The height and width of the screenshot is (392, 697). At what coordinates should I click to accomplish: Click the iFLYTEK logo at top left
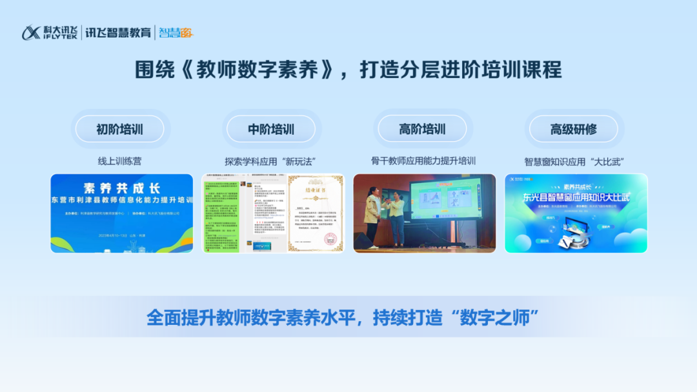[x=49, y=32]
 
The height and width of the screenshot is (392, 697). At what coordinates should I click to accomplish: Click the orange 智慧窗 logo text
[x=176, y=32]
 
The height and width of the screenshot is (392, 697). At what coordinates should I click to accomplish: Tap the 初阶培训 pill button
[x=119, y=129]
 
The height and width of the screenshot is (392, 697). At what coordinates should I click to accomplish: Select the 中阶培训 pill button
[x=271, y=129]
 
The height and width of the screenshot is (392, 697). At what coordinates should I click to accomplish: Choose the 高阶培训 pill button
[x=422, y=129]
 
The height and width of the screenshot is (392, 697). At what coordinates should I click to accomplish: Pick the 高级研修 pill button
[x=573, y=129]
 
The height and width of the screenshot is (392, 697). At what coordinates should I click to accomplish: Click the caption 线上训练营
[x=119, y=161]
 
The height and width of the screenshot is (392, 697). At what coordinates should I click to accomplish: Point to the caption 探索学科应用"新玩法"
[x=270, y=161]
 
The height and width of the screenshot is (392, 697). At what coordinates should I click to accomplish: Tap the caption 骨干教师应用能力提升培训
[x=423, y=161]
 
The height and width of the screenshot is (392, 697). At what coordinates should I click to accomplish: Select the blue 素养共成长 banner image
[x=122, y=213]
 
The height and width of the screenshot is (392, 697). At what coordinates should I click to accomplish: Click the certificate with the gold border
[x=316, y=213]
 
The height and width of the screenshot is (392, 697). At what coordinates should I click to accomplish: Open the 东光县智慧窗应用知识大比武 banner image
[x=576, y=213]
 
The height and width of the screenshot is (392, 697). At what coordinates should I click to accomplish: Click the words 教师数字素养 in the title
[x=259, y=70]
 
